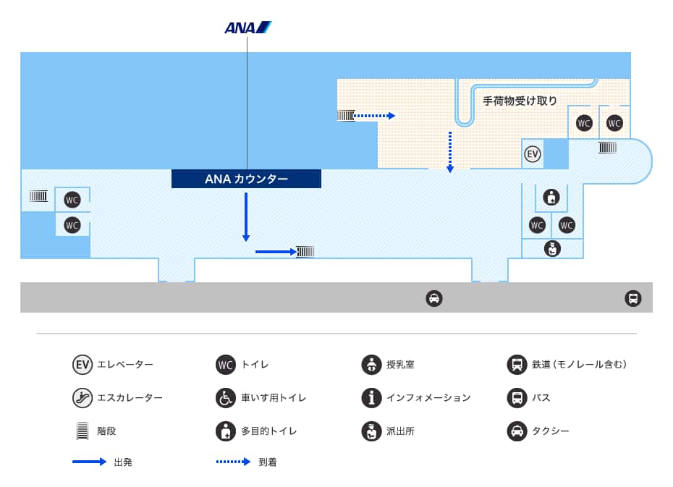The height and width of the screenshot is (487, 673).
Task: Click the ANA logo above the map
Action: (x=247, y=28)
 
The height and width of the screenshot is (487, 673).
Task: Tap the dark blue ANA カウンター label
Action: (x=246, y=179)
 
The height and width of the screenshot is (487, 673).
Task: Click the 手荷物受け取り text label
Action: (x=520, y=101)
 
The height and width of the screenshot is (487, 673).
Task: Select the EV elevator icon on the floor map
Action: (x=533, y=154)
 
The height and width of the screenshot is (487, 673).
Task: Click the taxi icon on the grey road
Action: (x=433, y=298)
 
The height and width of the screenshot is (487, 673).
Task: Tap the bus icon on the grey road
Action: (x=632, y=298)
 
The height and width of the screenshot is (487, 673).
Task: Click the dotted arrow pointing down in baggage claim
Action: (x=450, y=152)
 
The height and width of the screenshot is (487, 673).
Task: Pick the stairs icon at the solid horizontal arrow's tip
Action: (x=305, y=252)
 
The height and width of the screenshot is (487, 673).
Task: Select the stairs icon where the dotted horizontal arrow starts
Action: (x=346, y=115)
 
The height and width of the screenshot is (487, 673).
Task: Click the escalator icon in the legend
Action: (x=82, y=397)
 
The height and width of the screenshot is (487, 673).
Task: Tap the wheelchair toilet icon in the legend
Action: (x=226, y=397)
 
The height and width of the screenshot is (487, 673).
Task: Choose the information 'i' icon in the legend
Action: (x=371, y=397)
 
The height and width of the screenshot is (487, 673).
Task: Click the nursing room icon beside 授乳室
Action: (x=371, y=365)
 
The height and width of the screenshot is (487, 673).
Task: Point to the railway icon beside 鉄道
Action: (x=517, y=365)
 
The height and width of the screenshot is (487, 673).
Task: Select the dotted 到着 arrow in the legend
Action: (x=233, y=462)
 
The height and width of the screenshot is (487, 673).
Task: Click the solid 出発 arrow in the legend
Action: (x=89, y=462)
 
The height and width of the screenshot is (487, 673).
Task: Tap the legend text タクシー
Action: (x=550, y=431)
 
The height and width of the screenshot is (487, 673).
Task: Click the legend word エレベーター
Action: (x=125, y=365)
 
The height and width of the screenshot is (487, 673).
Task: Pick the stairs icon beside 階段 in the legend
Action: (x=82, y=431)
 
